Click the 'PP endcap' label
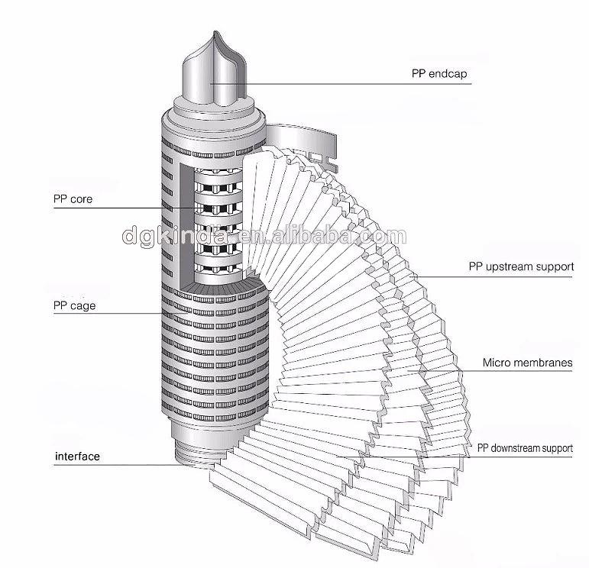(x=439, y=74)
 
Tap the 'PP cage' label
(x=74, y=306)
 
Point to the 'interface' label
(x=77, y=456)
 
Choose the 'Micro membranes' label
(x=527, y=363)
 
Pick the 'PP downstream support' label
(x=525, y=448)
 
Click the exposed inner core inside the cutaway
(x=218, y=221)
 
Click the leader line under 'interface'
(x=115, y=465)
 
